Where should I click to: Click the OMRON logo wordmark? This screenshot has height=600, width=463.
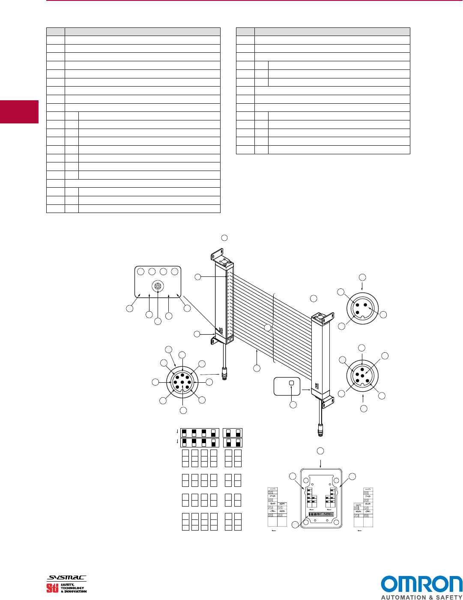pos(421,585)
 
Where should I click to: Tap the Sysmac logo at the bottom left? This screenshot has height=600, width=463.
pos(66,578)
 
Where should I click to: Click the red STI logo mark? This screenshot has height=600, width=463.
pos(52,588)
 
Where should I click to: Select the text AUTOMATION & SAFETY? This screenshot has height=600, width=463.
pos(421,597)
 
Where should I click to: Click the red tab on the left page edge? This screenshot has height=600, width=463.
pos(19,112)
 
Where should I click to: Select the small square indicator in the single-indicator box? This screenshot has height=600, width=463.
pos(291,383)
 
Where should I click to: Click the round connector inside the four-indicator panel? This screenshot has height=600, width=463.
pos(158,286)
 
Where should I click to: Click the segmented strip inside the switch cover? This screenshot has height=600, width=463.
pos(321,514)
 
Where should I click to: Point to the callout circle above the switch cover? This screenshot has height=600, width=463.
pos(320,451)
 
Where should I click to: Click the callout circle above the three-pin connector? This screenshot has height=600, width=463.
pos(362,277)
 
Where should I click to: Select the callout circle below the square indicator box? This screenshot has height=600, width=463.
pos(293,405)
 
